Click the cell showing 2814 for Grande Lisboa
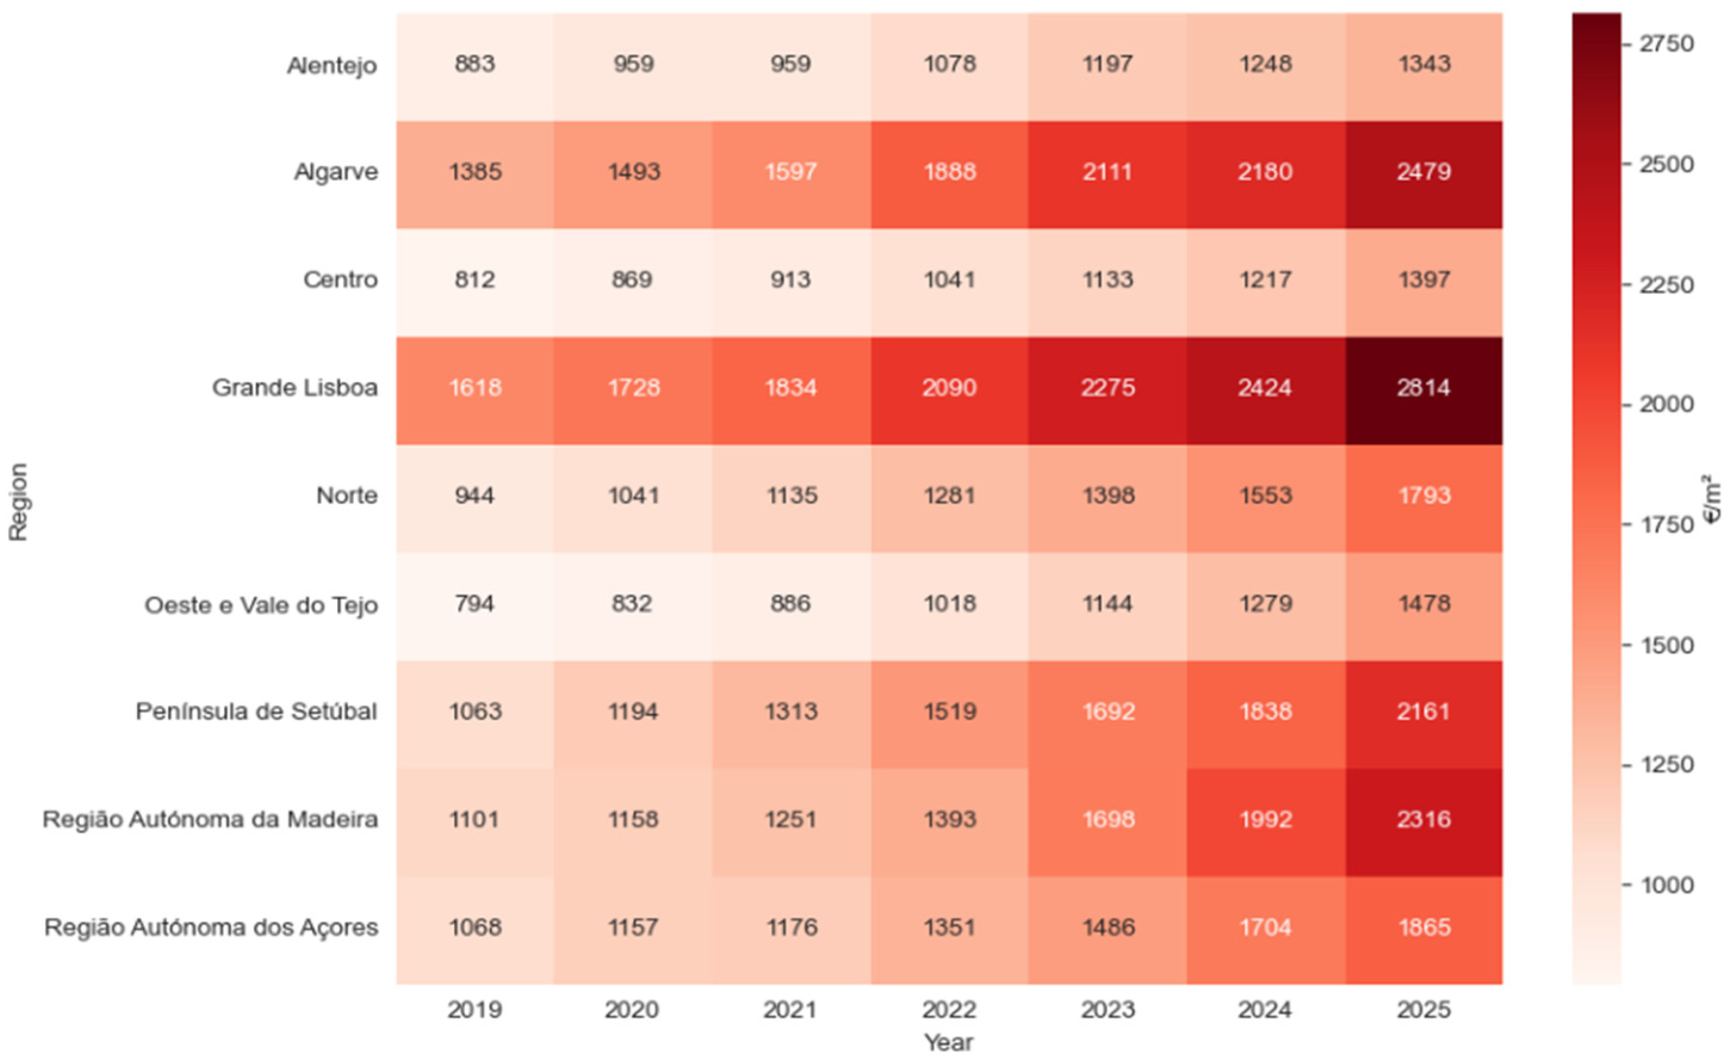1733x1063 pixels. [x=1424, y=387]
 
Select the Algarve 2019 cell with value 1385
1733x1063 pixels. [x=476, y=172]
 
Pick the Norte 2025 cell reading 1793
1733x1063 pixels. [x=1424, y=496]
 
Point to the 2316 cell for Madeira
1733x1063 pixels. [x=1424, y=819]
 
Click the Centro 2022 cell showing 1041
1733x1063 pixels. [x=949, y=280]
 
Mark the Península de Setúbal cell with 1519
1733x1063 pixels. [x=949, y=711]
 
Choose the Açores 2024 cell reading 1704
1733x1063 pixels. [x=1265, y=927]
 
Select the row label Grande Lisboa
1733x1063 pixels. [x=295, y=387]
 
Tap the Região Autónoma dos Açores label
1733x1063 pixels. [x=211, y=927]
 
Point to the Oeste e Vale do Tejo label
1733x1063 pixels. [x=261, y=605]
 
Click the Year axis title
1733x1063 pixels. [x=948, y=1042]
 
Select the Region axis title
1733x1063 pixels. [x=18, y=502]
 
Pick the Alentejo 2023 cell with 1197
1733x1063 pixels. [x=1107, y=64]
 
